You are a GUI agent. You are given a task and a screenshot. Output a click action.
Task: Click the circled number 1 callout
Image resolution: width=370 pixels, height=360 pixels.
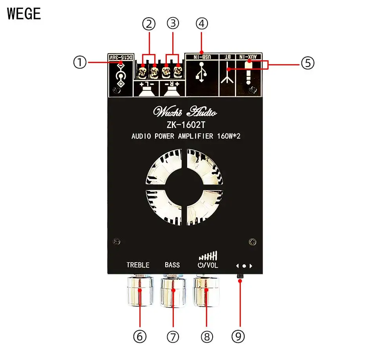tap(80, 62)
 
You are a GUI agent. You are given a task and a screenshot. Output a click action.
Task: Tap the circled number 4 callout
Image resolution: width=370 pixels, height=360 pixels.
tap(201, 23)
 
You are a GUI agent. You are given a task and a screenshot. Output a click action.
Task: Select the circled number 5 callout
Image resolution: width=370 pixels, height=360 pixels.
tap(307, 62)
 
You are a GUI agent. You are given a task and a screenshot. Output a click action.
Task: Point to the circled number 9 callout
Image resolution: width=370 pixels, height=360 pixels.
tap(240, 336)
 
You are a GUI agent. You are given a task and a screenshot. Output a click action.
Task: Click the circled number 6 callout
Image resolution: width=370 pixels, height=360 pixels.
tap(140, 336)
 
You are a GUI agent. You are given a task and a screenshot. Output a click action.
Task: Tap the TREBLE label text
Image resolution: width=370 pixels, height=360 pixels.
tap(138, 265)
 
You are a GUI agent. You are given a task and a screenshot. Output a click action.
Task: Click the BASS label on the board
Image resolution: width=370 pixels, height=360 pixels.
tap(172, 265)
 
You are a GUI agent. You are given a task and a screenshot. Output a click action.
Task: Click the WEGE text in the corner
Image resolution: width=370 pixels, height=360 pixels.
tap(24, 14)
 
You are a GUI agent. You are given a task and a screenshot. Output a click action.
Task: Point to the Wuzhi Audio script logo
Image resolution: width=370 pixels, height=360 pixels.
tap(185, 112)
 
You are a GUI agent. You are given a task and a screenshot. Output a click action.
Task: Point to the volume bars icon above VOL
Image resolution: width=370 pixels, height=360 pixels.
tap(208, 256)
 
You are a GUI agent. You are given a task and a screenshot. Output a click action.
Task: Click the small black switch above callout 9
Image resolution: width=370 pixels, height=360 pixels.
tap(240, 277)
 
